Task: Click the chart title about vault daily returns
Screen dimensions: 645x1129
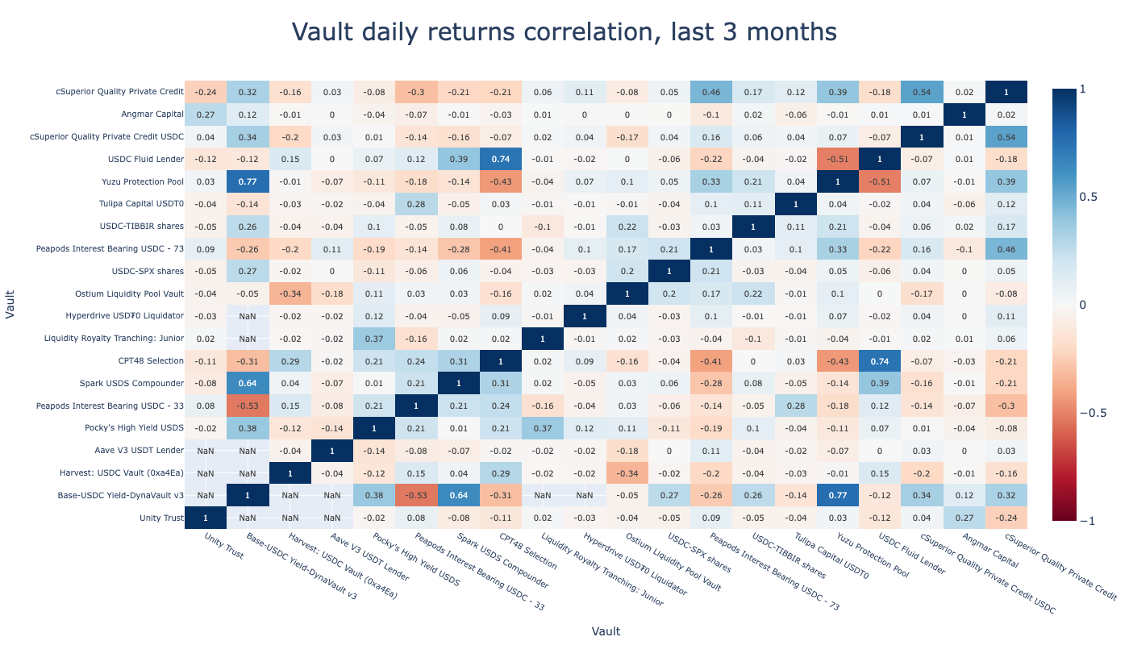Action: click(564, 32)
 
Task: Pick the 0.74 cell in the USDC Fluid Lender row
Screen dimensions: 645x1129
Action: click(500, 160)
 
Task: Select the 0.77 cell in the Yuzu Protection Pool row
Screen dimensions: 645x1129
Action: click(248, 181)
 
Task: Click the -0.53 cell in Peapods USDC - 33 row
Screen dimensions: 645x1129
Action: click(248, 406)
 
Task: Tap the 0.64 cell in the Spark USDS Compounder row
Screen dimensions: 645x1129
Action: click(248, 383)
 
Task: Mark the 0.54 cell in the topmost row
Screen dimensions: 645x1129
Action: click(922, 92)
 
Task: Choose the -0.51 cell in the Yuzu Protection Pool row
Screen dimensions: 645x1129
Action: click(880, 181)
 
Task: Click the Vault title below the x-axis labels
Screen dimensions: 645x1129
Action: click(605, 631)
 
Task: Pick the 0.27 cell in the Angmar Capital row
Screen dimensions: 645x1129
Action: click(206, 114)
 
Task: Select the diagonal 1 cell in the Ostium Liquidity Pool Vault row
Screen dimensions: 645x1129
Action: click(627, 293)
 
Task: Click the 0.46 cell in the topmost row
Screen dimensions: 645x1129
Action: click(711, 92)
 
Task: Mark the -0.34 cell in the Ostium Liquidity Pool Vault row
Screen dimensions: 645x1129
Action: click(290, 293)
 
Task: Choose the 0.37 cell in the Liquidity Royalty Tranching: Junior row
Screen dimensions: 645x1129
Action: click(374, 339)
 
